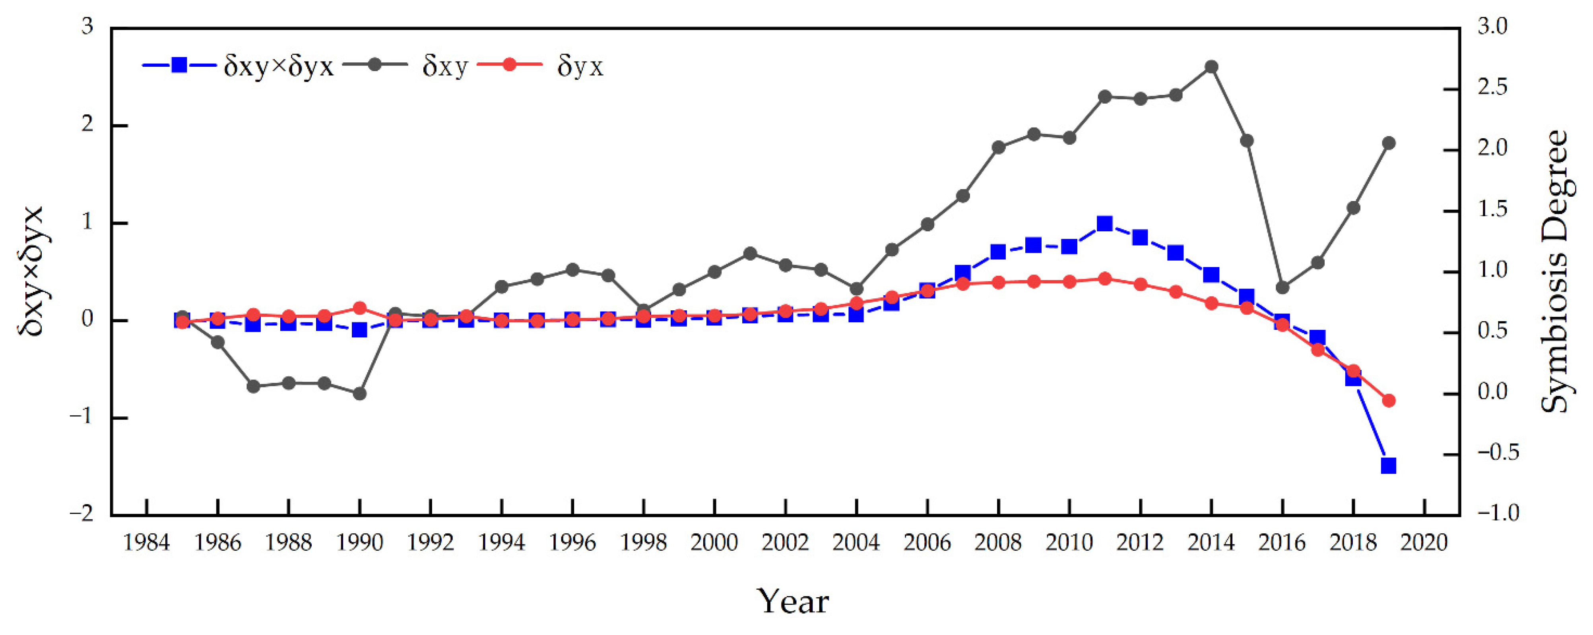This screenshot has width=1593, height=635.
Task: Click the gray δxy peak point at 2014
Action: click(x=1211, y=67)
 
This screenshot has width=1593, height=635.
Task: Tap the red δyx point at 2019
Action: click(x=1388, y=401)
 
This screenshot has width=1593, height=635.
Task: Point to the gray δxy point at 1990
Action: click(x=360, y=393)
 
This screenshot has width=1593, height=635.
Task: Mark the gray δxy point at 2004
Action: click(x=856, y=289)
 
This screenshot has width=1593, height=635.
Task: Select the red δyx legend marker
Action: click(x=508, y=64)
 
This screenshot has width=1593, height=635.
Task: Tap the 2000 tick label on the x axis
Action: click(x=714, y=543)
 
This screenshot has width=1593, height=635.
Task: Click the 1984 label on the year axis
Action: click(x=147, y=543)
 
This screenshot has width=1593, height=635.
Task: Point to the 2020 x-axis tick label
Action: click(x=1424, y=543)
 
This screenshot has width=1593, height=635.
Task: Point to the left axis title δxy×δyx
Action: click(x=31, y=271)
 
